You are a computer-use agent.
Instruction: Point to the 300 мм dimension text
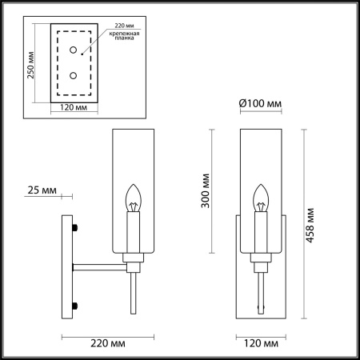206,190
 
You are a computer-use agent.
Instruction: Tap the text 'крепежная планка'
126,39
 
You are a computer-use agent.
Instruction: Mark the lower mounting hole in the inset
74,76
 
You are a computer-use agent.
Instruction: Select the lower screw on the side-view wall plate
74,303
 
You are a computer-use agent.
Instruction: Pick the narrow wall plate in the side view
69,266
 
